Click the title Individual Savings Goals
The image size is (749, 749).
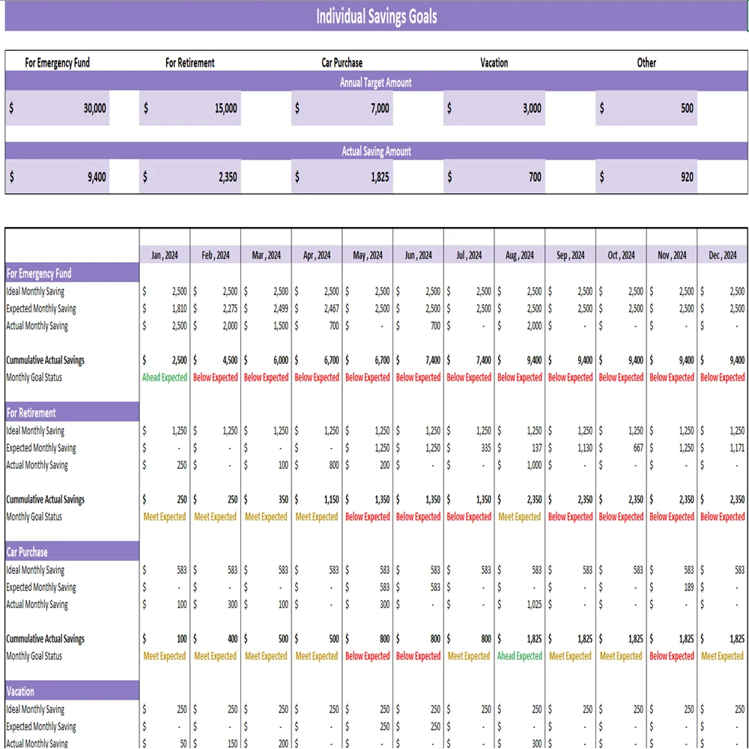(x=376, y=16)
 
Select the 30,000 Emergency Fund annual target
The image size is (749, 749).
(x=94, y=109)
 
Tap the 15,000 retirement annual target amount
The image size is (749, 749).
(x=225, y=109)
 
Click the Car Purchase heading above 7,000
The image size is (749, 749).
(x=342, y=63)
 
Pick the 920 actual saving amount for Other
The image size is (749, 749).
(x=687, y=178)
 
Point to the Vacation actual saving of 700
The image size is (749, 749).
(x=533, y=178)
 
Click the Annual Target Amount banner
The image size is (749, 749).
(x=376, y=82)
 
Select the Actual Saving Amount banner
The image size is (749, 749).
(x=376, y=151)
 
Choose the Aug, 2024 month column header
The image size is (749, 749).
(x=520, y=255)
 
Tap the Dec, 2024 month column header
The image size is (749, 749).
(x=723, y=255)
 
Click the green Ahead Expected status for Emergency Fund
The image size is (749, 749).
(x=165, y=377)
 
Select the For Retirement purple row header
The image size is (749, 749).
(x=72, y=413)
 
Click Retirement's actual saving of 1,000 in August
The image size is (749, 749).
(x=533, y=465)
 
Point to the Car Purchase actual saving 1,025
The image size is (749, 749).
(x=533, y=604)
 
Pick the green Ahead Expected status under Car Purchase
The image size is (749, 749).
(x=520, y=656)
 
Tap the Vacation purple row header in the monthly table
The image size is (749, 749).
(x=72, y=691)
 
